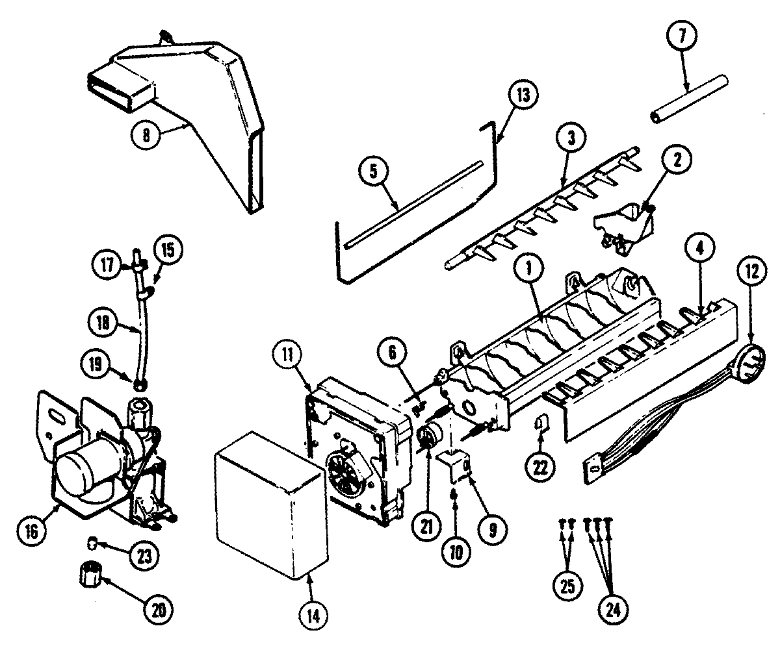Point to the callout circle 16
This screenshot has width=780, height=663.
coord(33,531)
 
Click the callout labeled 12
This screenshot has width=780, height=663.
coord(752,274)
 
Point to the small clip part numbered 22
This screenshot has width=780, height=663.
coord(540,425)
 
